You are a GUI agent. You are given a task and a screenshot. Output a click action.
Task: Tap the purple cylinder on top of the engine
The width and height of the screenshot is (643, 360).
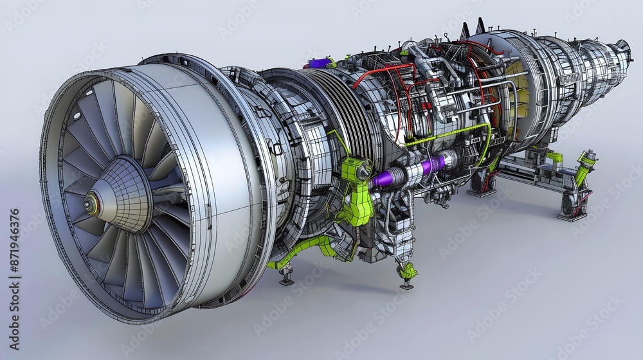pos(320,63)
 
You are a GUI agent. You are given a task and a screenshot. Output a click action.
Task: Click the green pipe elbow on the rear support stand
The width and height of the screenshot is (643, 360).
pos(554,157)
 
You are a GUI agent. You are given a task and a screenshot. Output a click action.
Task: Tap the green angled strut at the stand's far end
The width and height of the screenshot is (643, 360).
pos(585,166)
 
